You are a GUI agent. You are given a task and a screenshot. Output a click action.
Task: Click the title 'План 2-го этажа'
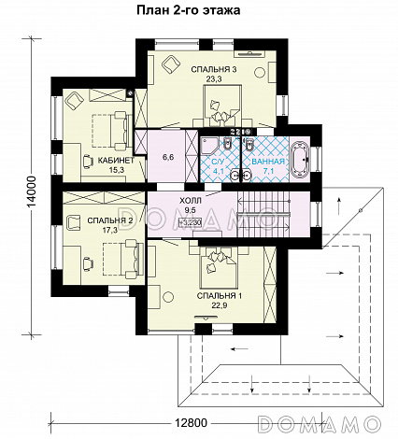tap(189, 10)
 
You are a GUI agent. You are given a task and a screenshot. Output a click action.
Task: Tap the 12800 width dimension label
tap(191, 422)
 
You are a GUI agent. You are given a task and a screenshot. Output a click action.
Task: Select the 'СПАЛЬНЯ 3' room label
tap(214, 69)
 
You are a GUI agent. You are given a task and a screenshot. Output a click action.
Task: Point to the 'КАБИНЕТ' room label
tap(116, 161)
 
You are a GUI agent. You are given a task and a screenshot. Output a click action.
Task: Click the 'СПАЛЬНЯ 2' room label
tap(110, 221)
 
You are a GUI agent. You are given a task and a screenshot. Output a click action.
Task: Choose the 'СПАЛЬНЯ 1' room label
tap(220, 296)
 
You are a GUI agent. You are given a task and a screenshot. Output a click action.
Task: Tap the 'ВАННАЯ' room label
tap(268, 162)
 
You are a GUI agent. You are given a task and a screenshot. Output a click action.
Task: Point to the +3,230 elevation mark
tap(190, 222)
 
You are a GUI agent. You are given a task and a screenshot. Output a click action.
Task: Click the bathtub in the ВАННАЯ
tap(300, 160)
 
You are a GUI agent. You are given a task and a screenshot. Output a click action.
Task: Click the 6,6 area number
tap(168, 157)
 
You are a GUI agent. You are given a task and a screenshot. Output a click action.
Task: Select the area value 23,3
tap(213, 79)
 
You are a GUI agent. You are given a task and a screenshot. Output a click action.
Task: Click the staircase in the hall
tap(263, 215)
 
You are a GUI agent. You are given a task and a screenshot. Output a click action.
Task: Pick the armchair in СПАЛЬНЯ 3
tap(171, 64)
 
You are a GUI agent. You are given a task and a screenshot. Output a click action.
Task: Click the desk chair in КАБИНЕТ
tap(88, 162)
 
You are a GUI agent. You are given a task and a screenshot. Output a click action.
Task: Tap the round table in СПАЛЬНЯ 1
tap(168, 297)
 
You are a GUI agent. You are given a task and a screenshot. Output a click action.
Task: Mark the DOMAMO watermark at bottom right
tap(320, 423)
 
